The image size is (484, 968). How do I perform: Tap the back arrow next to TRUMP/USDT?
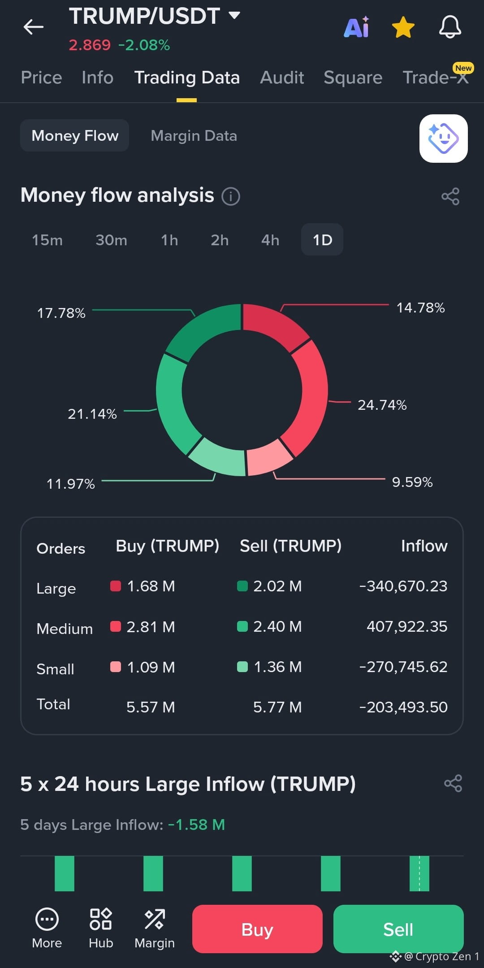tap(34, 27)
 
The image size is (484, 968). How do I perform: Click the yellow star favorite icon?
tap(403, 27)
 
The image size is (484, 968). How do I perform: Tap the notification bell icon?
tap(450, 27)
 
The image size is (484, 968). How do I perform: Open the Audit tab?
tap(282, 78)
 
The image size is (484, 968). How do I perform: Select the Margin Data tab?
tap(194, 136)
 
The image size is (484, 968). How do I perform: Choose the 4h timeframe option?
tap(270, 240)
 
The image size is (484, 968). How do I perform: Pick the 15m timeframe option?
tap(47, 240)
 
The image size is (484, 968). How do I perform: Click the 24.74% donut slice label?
tap(382, 405)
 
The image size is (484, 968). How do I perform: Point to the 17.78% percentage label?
tap(61, 313)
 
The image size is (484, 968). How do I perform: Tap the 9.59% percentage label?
tap(412, 482)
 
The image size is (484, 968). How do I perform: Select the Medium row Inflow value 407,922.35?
tap(407, 626)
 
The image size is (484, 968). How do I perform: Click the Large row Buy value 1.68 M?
tap(151, 586)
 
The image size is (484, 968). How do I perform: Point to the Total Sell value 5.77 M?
tap(277, 707)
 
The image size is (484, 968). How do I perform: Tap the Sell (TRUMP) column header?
tap(290, 546)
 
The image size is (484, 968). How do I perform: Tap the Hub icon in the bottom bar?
tap(101, 919)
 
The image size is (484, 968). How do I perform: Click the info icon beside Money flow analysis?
tap(231, 196)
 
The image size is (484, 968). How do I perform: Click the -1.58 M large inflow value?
tap(196, 825)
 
